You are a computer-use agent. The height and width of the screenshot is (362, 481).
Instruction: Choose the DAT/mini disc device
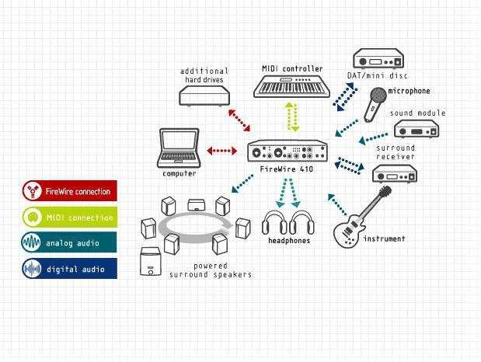[380, 59]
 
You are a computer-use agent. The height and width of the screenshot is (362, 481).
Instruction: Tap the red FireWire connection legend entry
[70, 191]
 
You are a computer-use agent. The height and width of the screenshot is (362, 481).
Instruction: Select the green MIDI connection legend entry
[70, 217]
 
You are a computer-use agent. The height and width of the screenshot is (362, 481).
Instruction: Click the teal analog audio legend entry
[70, 242]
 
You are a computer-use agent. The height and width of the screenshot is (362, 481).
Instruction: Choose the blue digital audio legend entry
[70, 268]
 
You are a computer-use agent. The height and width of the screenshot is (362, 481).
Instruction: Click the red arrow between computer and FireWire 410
[222, 150]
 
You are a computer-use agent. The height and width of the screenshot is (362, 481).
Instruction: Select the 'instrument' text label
[384, 239]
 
